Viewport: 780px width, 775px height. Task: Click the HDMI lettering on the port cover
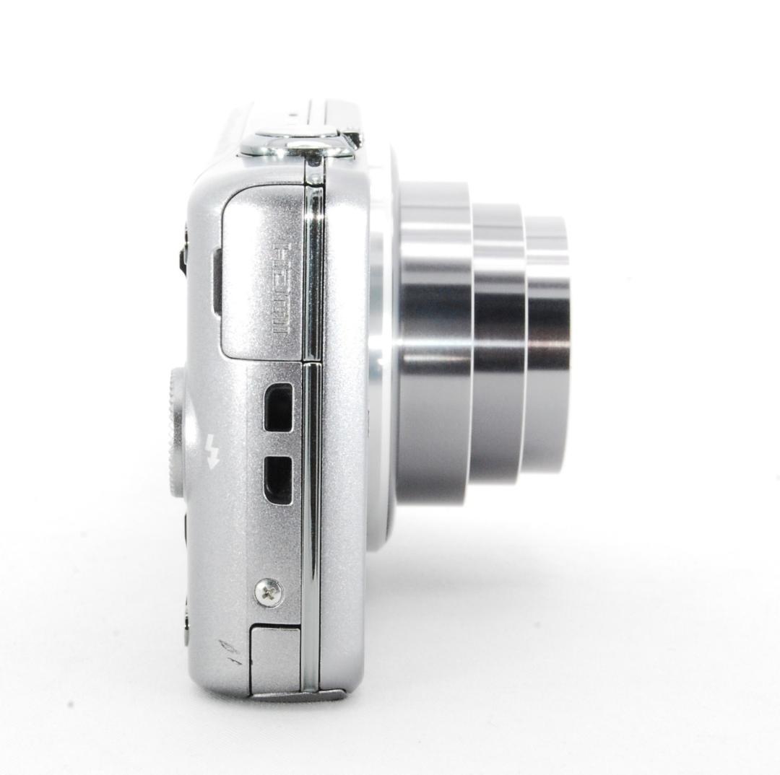(x=279, y=289)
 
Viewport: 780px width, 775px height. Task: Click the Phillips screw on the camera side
(x=269, y=593)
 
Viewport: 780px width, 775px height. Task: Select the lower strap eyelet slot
(x=278, y=480)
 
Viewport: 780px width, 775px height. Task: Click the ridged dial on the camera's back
(x=175, y=433)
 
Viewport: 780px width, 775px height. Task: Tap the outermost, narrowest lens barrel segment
(x=547, y=346)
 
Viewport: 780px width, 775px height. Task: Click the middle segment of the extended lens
(x=498, y=346)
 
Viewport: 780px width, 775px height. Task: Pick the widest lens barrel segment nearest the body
(x=433, y=346)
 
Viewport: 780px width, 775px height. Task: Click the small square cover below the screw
(x=274, y=658)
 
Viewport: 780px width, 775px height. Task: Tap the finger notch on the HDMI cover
(x=216, y=281)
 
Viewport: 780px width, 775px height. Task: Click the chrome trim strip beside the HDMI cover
(x=313, y=274)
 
